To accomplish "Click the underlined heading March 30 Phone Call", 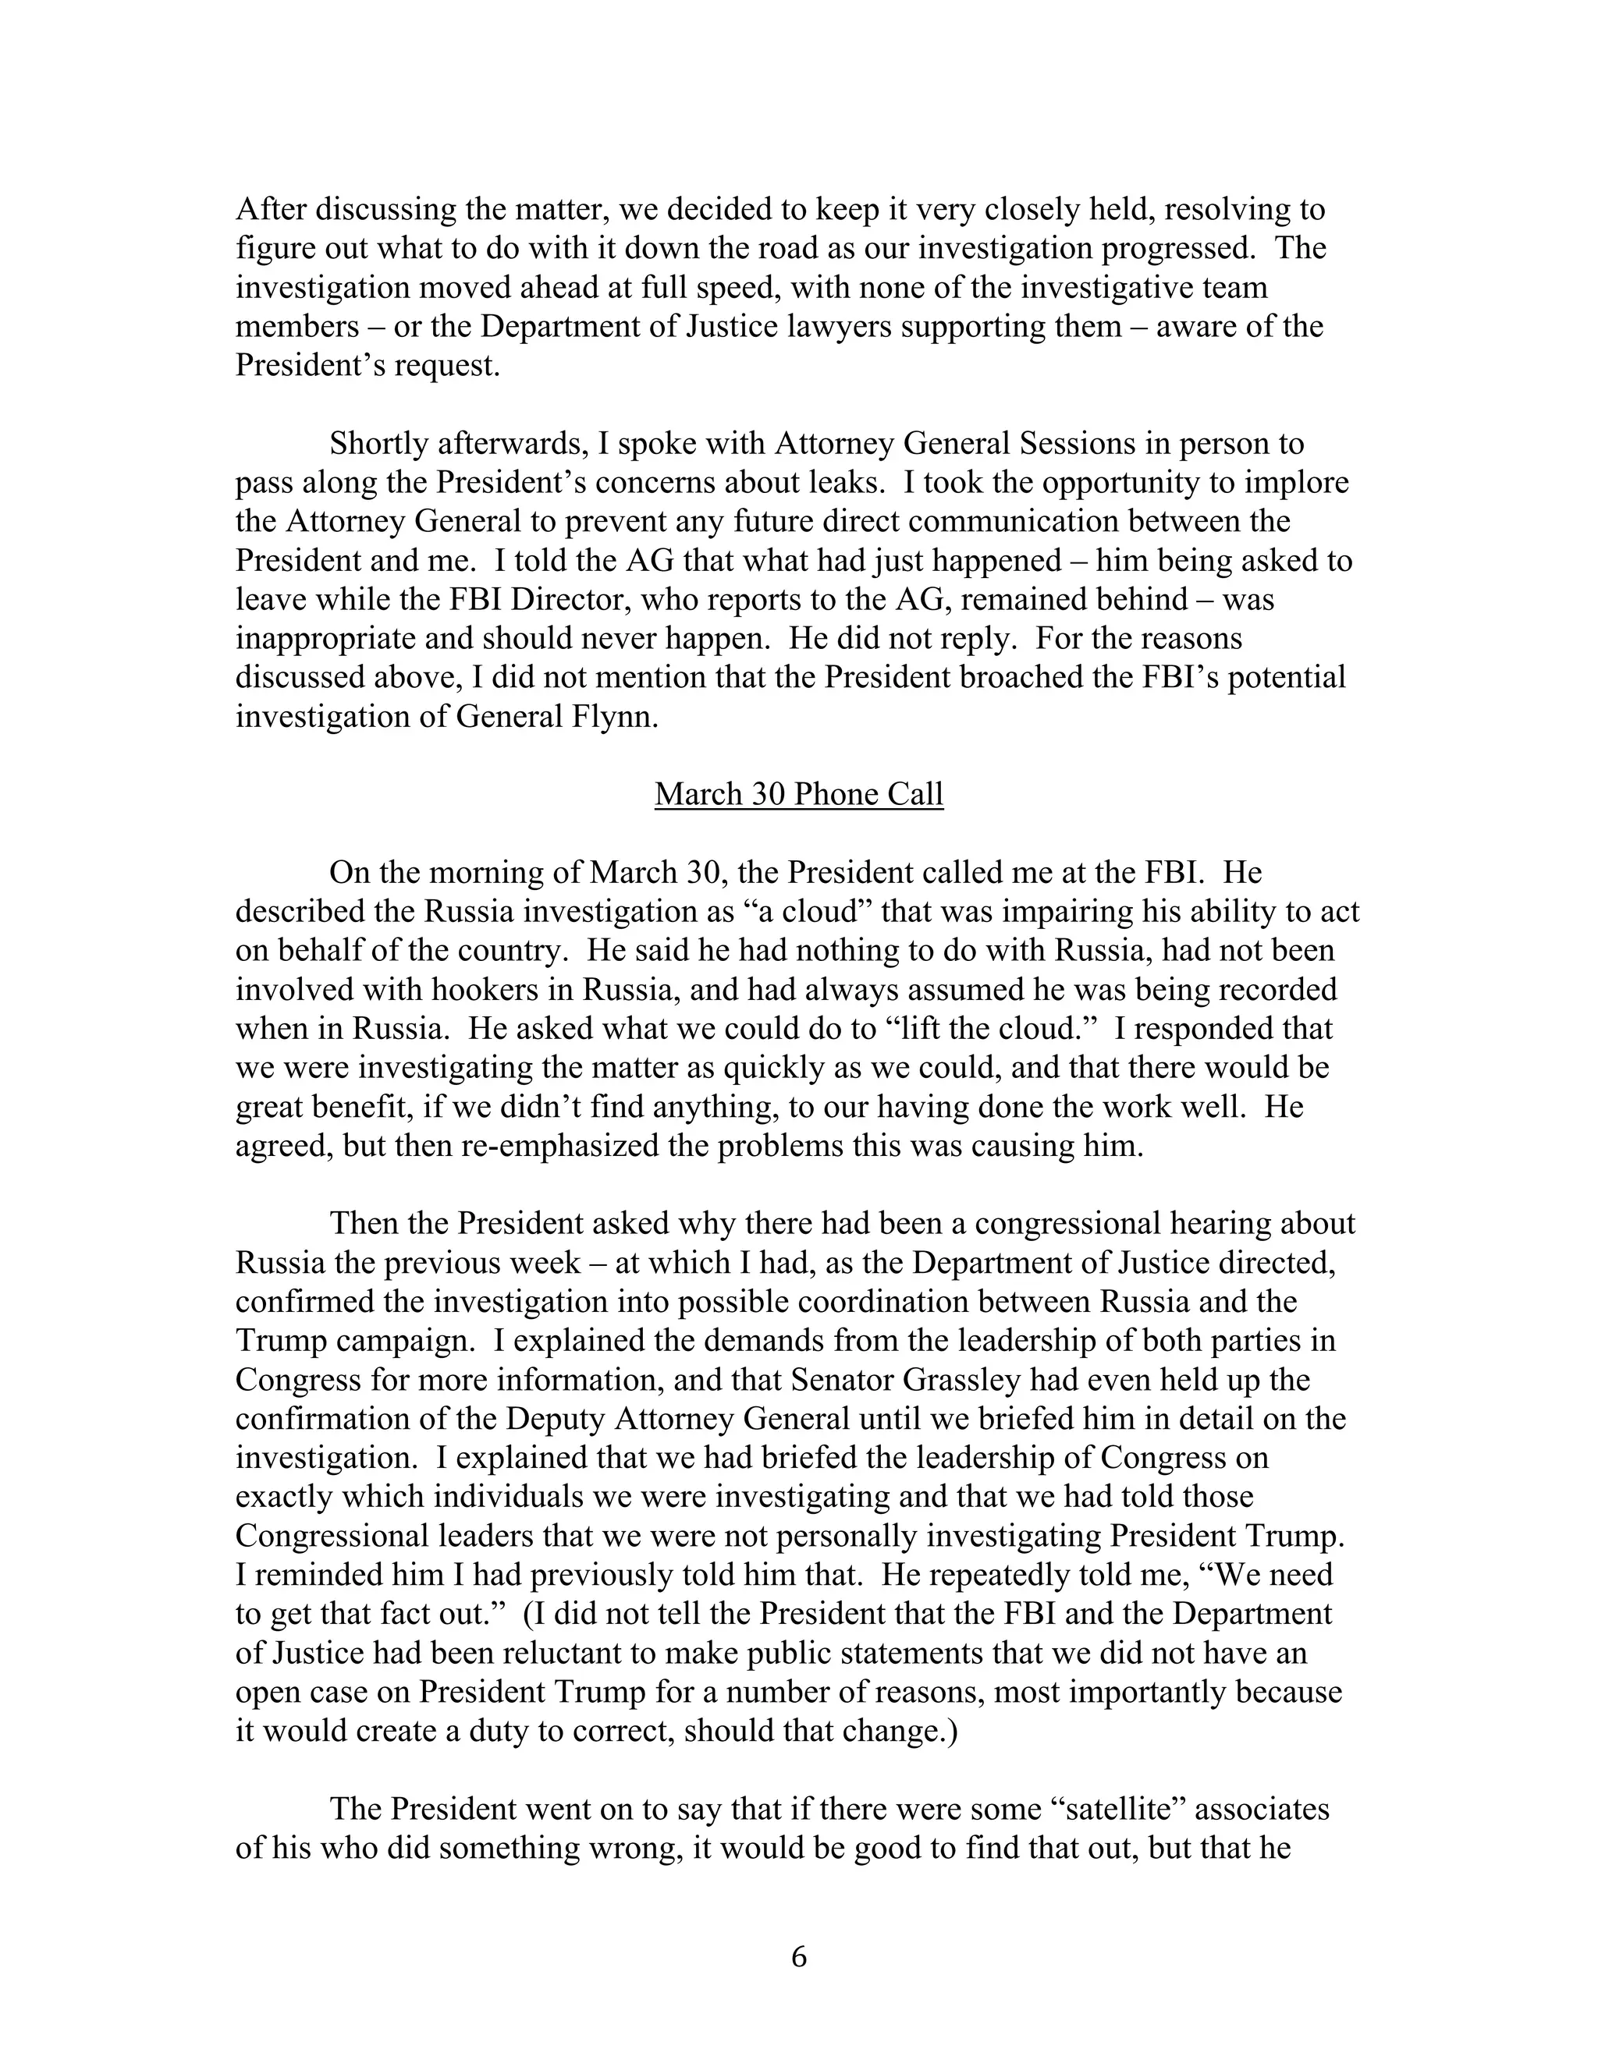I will pyautogui.click(x=798, y=793).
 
